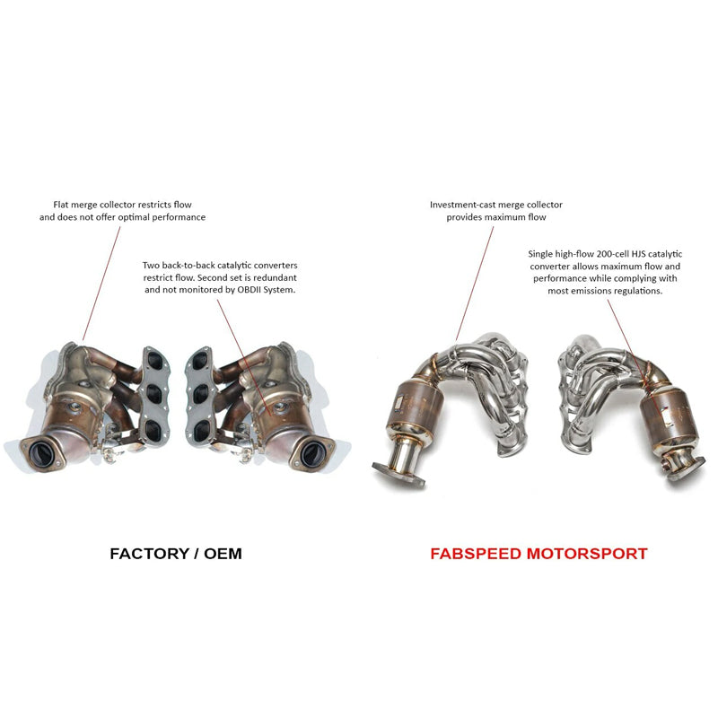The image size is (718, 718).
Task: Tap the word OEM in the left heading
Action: tap(221, 554)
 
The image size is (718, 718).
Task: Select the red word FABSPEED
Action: tap(481, 554)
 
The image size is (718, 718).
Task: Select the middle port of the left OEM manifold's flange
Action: tap(156, 392)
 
